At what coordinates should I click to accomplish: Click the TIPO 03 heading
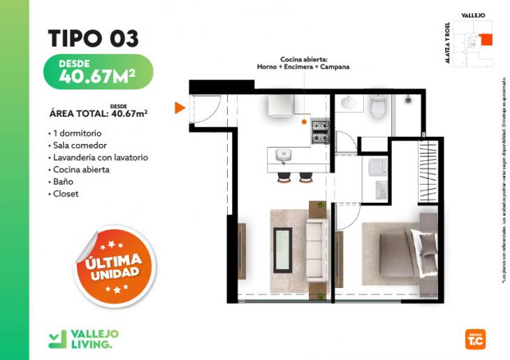(93, 38)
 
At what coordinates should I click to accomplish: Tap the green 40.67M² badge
(97, 72)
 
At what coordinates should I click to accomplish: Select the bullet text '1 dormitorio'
(77, 133)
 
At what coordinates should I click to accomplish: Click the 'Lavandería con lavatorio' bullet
(100, 157)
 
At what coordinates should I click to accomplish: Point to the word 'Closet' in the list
(66, 194)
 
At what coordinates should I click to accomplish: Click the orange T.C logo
(474, 339)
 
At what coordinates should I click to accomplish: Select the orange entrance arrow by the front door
(180, 108)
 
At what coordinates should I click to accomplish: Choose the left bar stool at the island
(284, 177)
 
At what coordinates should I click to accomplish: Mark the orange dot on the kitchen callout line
(305, 122)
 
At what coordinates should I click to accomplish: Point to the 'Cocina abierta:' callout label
(303, 59)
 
